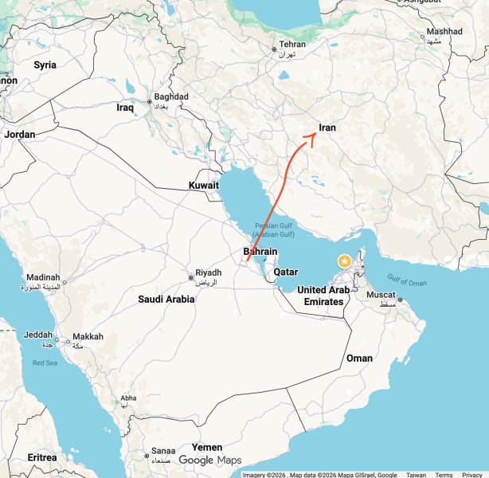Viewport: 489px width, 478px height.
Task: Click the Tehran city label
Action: (x=292, y=45)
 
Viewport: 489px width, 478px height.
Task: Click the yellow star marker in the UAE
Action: (x=344, y=261)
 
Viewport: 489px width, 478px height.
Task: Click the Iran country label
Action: (x=327, y=127)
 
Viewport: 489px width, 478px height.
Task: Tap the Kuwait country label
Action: (x=204, y=186)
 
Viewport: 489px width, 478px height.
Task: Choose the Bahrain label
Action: (x=260, y=253)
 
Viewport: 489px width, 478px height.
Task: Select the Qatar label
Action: (x=286, y=272)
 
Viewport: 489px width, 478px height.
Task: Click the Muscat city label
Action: (x=380, y=295)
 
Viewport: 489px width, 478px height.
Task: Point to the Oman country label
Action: (x=359, y=358)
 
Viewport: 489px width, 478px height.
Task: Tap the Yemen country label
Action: (x=207, y=448)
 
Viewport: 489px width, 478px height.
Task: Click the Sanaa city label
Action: (x=163, y=451)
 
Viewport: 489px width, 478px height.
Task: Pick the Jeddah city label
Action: (x=38, y=335)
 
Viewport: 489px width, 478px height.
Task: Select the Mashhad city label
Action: (x=444, y=32)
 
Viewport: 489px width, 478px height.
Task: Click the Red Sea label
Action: (x=45, y=363)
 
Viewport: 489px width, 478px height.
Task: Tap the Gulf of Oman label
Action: (x=407, y=280)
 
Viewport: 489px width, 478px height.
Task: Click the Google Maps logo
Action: (x=209, y=460)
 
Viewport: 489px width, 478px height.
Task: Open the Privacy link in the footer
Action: (x=471, y=474)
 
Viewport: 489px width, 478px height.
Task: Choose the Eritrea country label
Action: (x=42, y=457)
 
